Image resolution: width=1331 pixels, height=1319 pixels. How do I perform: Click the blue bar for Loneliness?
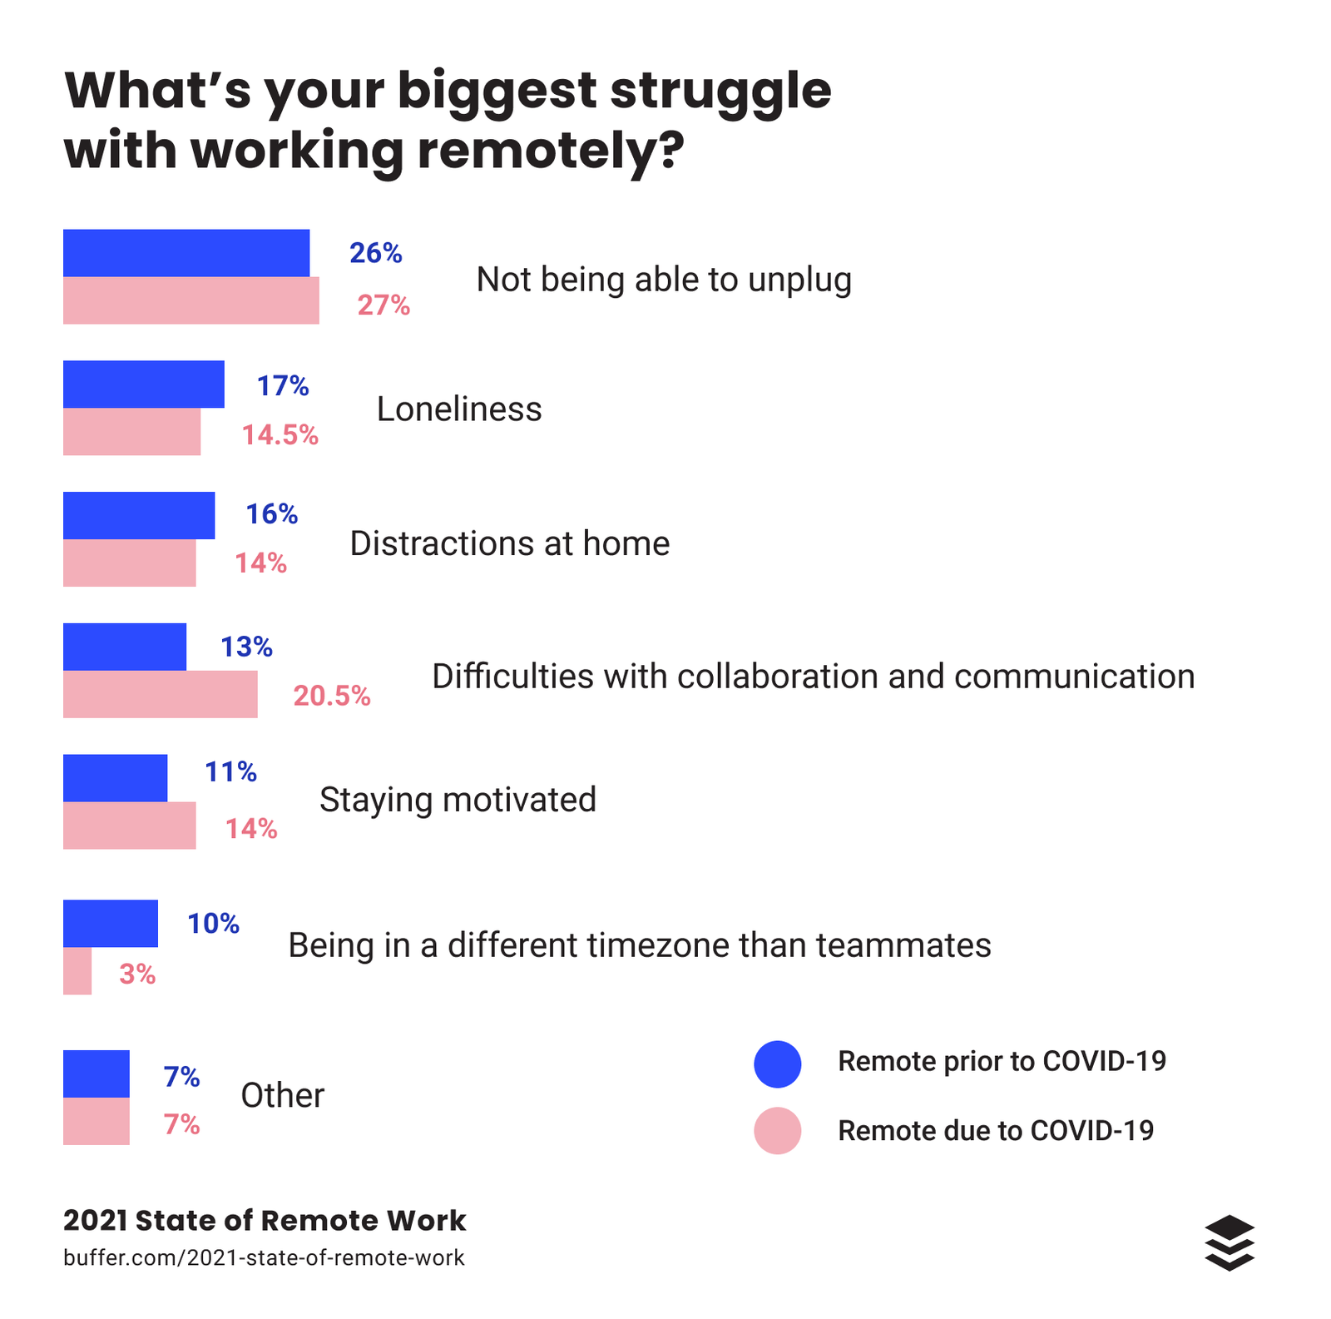coord(143,384)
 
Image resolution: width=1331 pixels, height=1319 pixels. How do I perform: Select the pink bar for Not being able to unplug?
coord(190,300)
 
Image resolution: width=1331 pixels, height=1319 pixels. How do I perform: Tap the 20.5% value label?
coord(331,696)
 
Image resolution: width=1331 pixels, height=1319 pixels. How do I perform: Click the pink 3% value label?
coord(137,974)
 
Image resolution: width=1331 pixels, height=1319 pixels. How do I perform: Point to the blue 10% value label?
coord(213,924)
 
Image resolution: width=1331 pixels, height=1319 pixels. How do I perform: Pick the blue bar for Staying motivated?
coord(115,778)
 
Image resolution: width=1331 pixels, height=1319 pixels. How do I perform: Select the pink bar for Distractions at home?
coord(129,563)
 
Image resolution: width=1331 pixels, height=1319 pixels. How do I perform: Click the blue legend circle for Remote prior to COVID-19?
coord(777,1064)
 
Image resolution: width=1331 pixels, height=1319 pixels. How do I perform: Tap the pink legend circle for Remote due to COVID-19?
coord(777,1131)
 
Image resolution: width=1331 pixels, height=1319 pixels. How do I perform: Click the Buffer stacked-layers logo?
coord(1229,1242)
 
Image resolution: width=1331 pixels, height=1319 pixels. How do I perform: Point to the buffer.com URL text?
coord(264,1257)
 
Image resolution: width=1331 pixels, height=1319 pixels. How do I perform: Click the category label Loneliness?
coord(459,409)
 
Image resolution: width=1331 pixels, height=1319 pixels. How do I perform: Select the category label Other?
coord(282,1096)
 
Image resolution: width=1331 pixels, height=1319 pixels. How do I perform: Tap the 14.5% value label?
coord(280,435)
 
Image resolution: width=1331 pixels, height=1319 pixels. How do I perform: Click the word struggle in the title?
coord(720,92)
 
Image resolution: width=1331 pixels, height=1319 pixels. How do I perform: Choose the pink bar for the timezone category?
coord(77,971)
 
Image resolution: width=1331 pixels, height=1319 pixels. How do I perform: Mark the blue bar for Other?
coord(96,1074)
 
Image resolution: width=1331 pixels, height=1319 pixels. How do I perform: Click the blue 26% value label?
coord(375,253)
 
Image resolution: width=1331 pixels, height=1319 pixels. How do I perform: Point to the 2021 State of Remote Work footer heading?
coord(264,1221)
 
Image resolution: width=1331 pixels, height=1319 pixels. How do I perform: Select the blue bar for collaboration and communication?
coord(125,647)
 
